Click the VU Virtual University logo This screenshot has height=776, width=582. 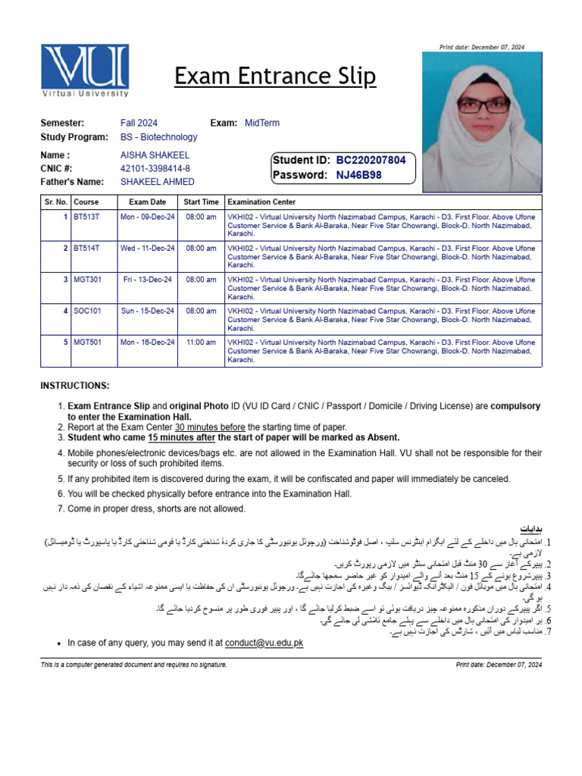tap(85, 70)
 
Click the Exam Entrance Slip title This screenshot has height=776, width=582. tap(274, 77)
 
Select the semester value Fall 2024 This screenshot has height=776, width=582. tap(139, 123)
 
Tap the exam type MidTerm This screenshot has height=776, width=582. tap(262, 123)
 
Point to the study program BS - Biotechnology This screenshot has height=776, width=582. tap(158, 137)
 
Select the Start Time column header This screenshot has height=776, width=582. tap(201, 202)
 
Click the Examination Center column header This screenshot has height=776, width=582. tap(261, 202)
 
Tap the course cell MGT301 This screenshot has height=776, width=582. tap(87, 280)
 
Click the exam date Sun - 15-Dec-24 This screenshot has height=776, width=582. tap(147, 311)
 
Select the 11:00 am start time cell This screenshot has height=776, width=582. tap(201, 343)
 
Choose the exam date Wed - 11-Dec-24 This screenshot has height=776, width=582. tap(147, 248)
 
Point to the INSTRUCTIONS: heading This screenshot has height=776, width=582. tap(75, 386)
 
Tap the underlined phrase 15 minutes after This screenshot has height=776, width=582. tap(181, 437)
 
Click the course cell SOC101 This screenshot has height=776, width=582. tap(87, 311)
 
